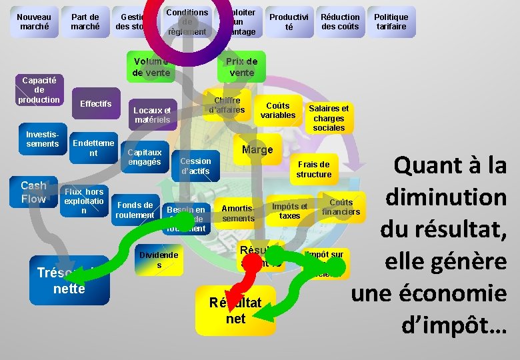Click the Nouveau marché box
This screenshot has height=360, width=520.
pyautogui.click(x=34, y=22)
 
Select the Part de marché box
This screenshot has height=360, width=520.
pyautogui.click(x=85, y=22)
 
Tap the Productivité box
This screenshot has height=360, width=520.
pyautogui.click(x=289, y=22)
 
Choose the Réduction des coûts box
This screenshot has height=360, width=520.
pyautogui.click(x=340, y=22)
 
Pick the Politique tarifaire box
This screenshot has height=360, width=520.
pyautogui.click(x=391, y=22)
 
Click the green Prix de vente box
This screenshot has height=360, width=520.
pyautogui.click(x=241, y=67)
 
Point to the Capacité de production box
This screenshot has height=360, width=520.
pyautogui.click(x=39, y=89)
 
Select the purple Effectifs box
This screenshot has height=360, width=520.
pyautogui.click(x=95, y=104)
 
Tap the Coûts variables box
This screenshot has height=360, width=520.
pyautogui.click(x=278, y=111)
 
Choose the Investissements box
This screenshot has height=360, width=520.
pyautogui.click(x=43, y=139)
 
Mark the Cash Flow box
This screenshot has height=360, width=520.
pyautogui.click(x=33, y=192)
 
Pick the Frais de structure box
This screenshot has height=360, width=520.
pyautogui.click(x=314, y=169)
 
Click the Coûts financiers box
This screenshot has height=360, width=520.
pyautogui.click(x=341, y=207)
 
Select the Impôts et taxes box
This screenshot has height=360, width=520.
pyautogui.click(x=290, y=211)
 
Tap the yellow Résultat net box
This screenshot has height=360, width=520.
pyautogui.click(x=235, y=311)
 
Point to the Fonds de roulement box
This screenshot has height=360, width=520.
pyautogui.click(x=135, y=210)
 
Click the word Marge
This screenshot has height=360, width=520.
pyautogui.click(x=257, y=150)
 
